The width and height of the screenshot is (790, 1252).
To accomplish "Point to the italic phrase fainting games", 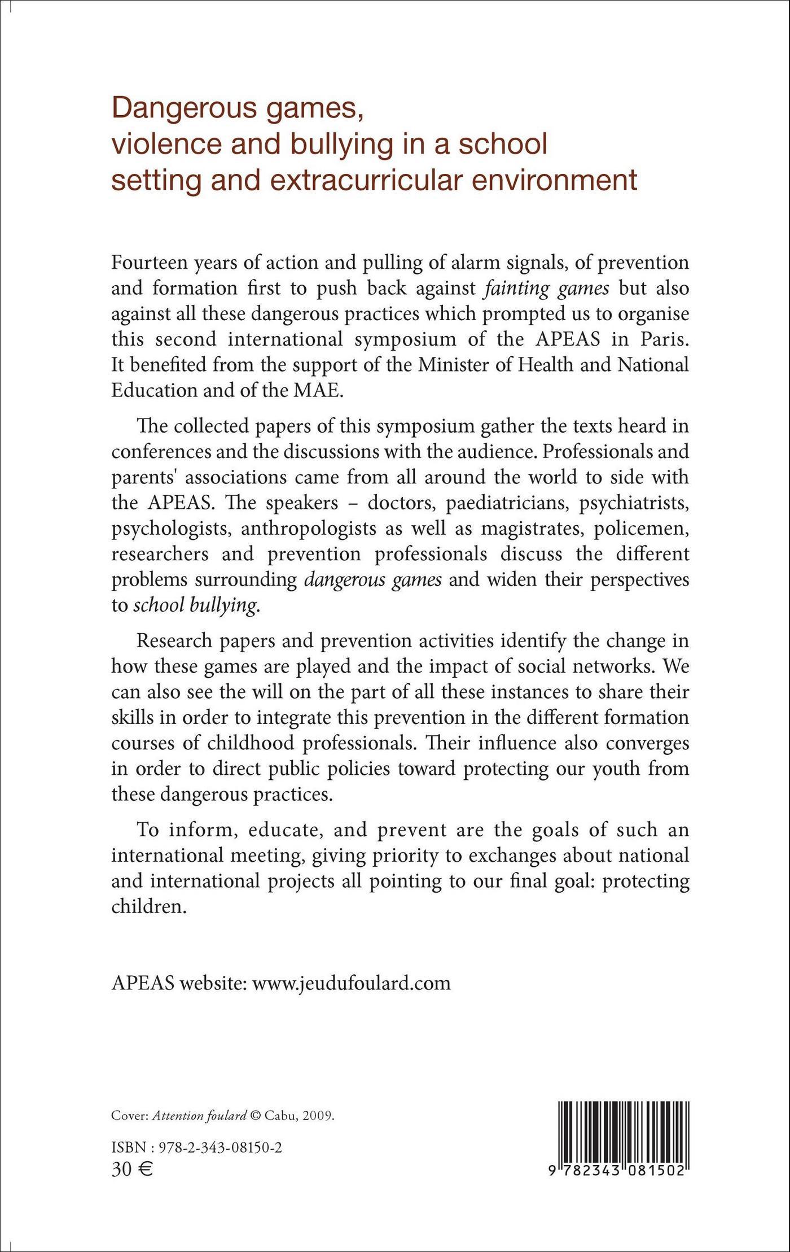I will click(547, 289).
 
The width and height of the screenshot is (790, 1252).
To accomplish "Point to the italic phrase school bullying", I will click(195, 605).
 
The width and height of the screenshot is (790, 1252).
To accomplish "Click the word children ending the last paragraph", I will click(148, 906).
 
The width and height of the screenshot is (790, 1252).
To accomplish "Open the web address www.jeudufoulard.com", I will click(351, 983).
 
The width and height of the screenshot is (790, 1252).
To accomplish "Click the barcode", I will click(617, 1135).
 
